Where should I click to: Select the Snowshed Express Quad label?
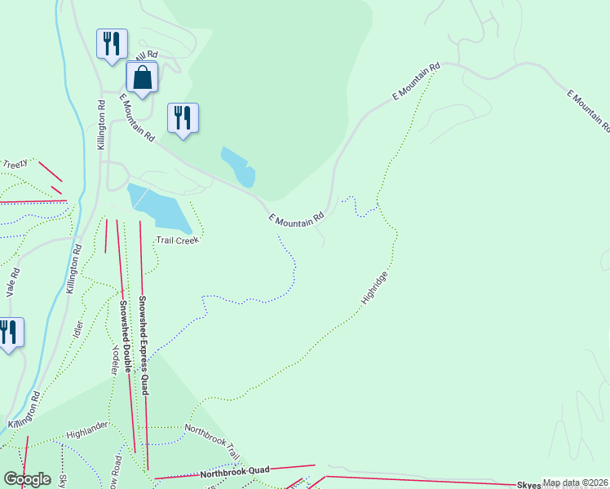143,345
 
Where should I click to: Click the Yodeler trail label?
115,359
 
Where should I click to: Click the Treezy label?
15,164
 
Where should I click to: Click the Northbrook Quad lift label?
235,472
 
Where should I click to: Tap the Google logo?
26,479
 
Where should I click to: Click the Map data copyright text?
576,482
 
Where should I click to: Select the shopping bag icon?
142,77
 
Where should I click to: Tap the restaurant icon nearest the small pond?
182,117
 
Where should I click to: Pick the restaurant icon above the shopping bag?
111,43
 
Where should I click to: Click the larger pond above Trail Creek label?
159,208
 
